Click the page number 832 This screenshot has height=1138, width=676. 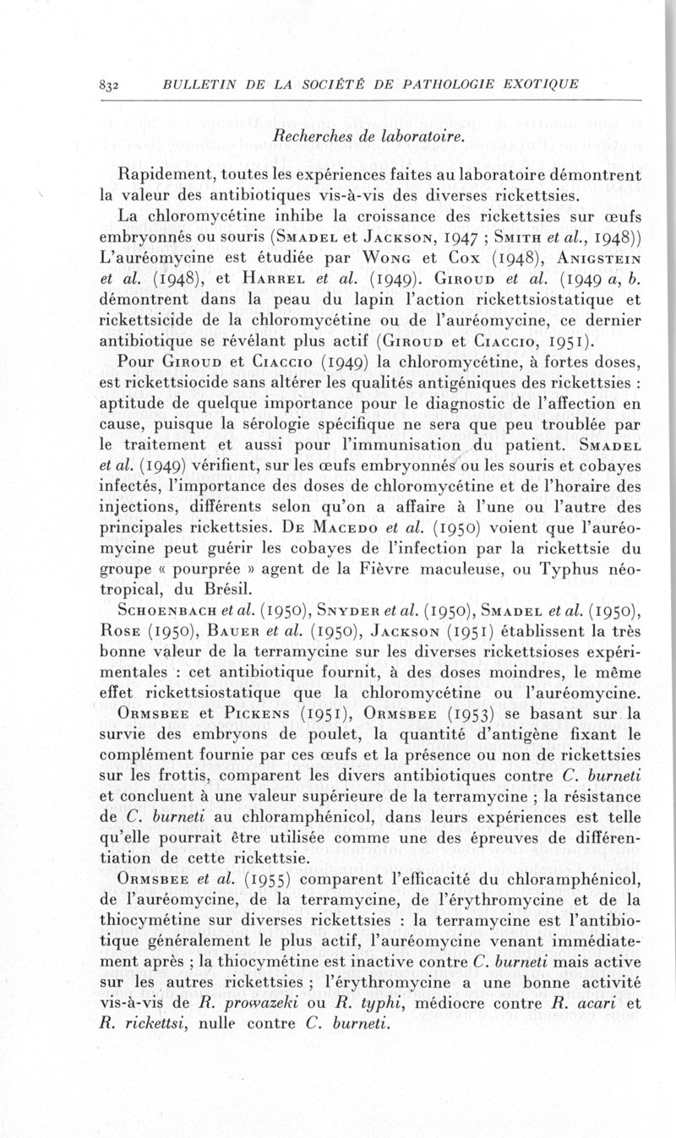111,84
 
